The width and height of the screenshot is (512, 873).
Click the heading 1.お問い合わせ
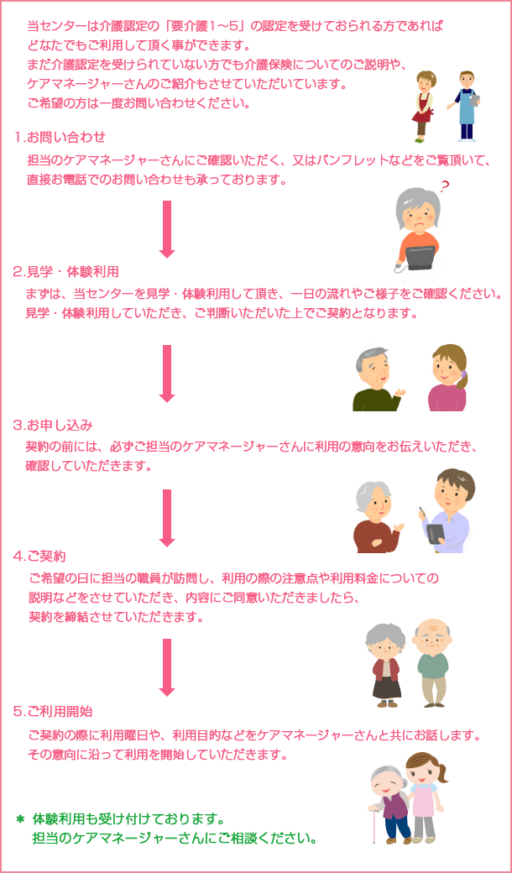tap(60, 137)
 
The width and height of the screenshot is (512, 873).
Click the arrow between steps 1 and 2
tap(167, 228)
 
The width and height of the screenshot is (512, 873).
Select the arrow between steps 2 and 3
tap(167, 374)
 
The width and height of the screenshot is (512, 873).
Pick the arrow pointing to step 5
tap(167, 667)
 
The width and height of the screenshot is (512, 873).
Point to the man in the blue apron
tap(466, 105)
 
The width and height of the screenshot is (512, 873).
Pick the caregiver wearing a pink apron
tap(424, 797)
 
